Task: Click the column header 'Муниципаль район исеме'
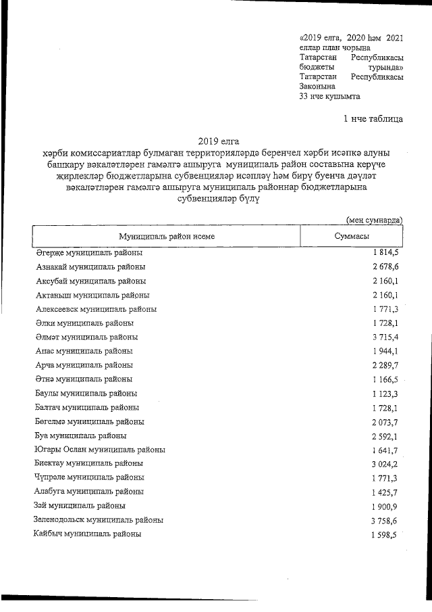click(x=166, y=237)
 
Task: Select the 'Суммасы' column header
click(x=351, y=237)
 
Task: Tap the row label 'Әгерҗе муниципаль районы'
click(x=89, y=253)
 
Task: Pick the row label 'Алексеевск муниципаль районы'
click(x=96, y=309)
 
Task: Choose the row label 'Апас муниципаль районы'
click(x=84, y=351)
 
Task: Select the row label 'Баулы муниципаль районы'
click(x=86, y=394)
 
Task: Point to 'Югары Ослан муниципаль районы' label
click(x=100, y=450)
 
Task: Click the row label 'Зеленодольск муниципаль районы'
click(x=99, y=520)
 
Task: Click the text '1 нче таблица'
click(x=373, y=120)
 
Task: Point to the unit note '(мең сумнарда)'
click(x=375, y=220)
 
